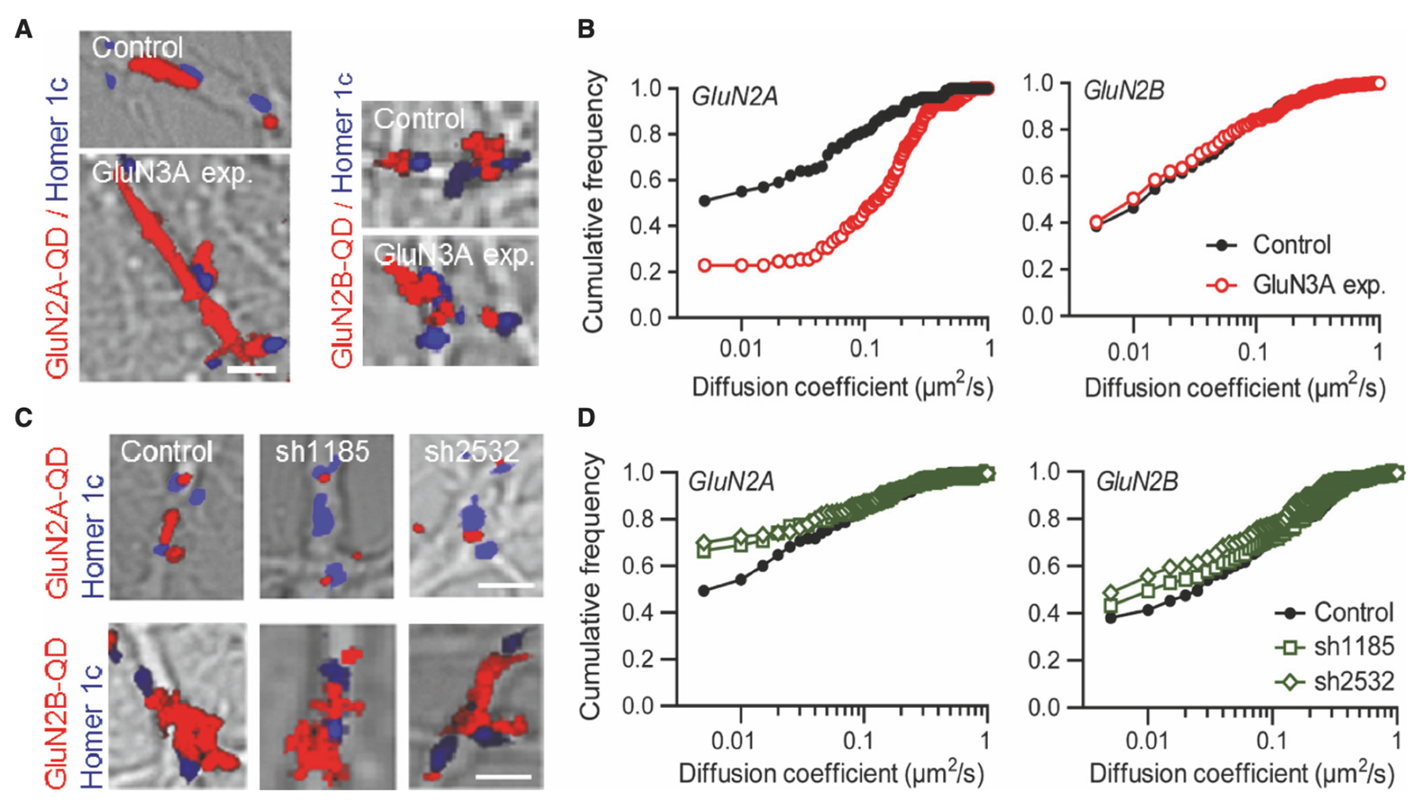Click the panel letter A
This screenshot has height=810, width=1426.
(24, 30)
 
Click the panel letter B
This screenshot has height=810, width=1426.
(586, 30)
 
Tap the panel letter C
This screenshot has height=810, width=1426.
(24, 417)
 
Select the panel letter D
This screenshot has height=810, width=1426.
(586, 417)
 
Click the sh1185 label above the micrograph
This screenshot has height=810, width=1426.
(322, 451)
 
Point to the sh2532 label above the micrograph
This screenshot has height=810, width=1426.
(472, 451)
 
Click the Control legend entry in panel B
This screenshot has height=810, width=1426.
(1291, 245)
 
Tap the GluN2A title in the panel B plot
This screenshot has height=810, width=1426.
(734, 97)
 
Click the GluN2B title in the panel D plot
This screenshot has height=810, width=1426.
(1137, 481)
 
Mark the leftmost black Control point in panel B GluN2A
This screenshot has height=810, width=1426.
(704, 201)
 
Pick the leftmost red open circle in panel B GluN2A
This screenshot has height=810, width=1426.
(704, 266)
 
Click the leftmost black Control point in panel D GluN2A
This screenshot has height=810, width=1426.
(703, 591)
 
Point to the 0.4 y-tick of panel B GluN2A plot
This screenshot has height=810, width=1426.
(646, 226)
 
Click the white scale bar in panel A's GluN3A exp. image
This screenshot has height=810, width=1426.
(251, 369)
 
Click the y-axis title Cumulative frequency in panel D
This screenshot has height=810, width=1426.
(591, 587)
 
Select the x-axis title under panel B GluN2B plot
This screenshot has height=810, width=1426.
(1234, 388)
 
